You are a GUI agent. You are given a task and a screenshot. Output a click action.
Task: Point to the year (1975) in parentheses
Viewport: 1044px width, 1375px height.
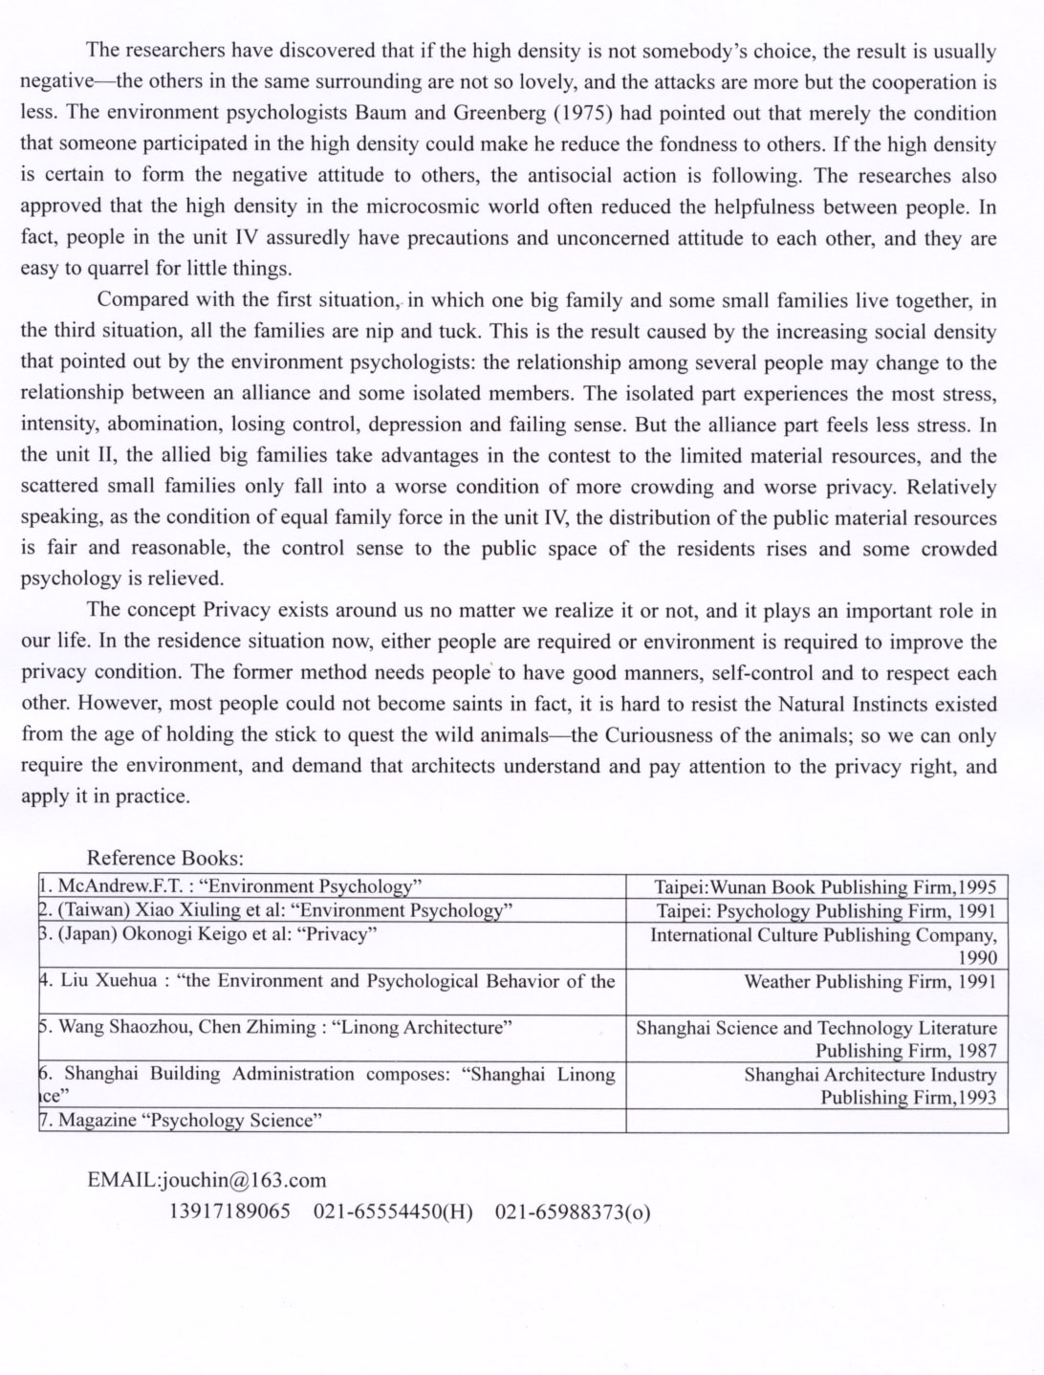point(585,113)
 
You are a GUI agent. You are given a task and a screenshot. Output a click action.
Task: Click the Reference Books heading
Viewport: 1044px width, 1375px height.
point(165,858)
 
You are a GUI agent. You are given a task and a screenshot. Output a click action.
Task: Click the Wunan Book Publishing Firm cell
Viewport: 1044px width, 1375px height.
point(824,886)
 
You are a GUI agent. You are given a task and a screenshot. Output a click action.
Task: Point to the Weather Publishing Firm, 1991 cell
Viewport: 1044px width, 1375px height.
point(869,981)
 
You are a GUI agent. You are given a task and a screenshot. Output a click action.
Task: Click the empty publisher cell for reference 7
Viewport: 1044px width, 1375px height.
point(817,1120)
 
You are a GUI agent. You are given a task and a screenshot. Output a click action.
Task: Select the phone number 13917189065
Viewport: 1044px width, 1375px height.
point(229,1211)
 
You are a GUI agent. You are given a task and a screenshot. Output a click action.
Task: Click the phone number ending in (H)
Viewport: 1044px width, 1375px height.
point(393,1211)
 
